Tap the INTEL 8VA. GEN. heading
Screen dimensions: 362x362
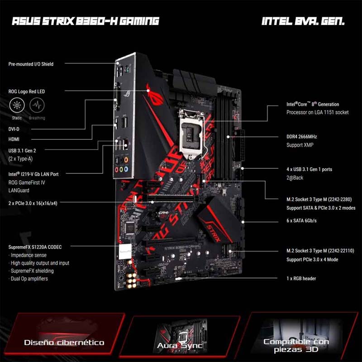coord(303,21)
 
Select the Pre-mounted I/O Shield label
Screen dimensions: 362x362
coord(31,64)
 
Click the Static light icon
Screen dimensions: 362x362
coord(17,106)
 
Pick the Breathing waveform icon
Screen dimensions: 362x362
coord(37,106)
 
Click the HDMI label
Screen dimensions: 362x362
coord(14,139)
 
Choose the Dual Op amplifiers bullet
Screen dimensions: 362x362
coord(29,279)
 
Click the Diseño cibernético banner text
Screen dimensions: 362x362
coord(64,343)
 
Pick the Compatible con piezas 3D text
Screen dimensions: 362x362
coord(296,345)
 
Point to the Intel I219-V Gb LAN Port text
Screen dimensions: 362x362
coord(40,174)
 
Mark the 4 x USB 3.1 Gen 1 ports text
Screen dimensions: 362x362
coord(309,169)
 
